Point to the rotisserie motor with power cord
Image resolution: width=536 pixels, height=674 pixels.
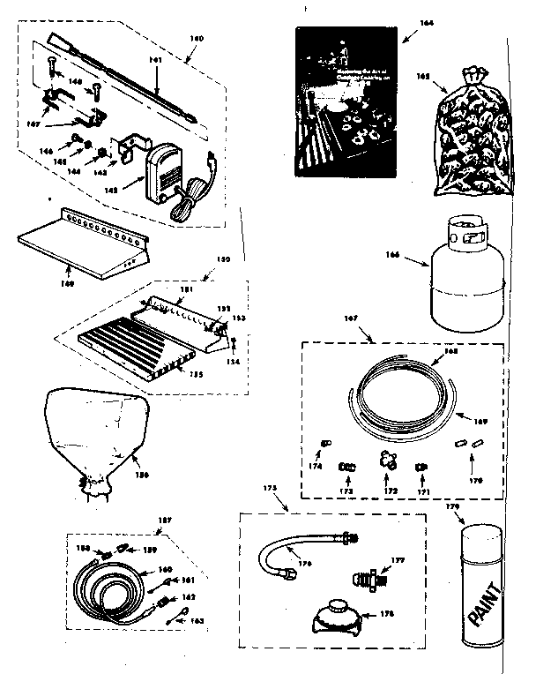(x=165, y=171)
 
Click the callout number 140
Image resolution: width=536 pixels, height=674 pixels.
(x=196, y=38)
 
